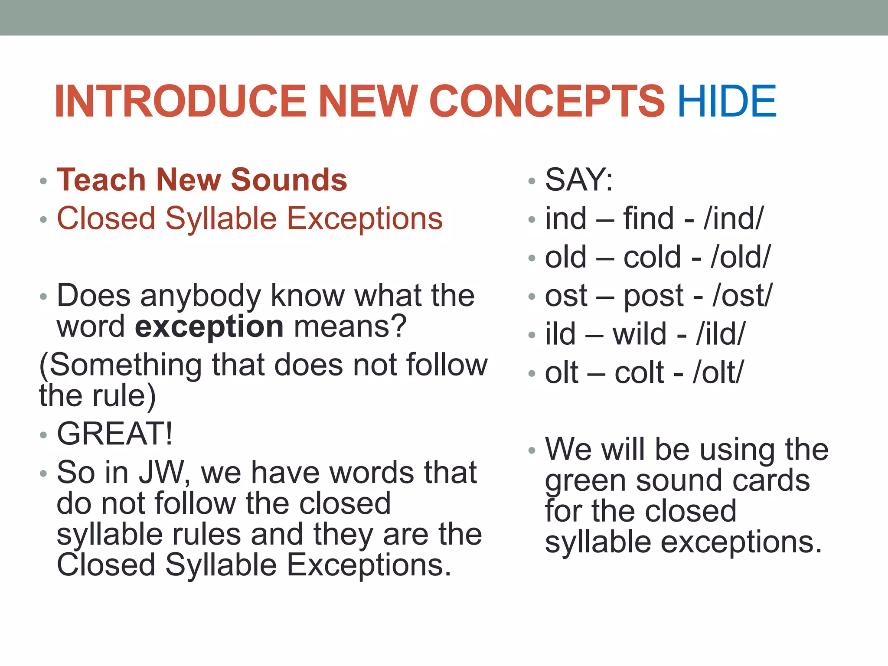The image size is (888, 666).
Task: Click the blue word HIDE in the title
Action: tap(727, 101)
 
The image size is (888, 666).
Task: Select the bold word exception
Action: tap(209, 326)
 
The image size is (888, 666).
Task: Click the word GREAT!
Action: tap(115, 433)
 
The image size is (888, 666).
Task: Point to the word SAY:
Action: tap(579, 180)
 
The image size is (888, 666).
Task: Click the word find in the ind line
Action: tap(649, 218)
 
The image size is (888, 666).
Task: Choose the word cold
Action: tap(652, 257)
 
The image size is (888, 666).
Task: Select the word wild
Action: tap(640, 334)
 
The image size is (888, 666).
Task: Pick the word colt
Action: tap(639, 372)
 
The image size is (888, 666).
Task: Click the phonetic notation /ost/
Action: tap(742, 296)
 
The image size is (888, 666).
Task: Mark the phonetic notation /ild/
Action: tap(721, 334)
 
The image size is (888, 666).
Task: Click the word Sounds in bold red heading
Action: tap(289, 180)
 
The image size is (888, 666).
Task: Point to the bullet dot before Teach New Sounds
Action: tap(43, 181)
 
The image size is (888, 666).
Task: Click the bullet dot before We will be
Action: tap(532, 451)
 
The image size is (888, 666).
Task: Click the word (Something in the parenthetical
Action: tap(121, 365)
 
